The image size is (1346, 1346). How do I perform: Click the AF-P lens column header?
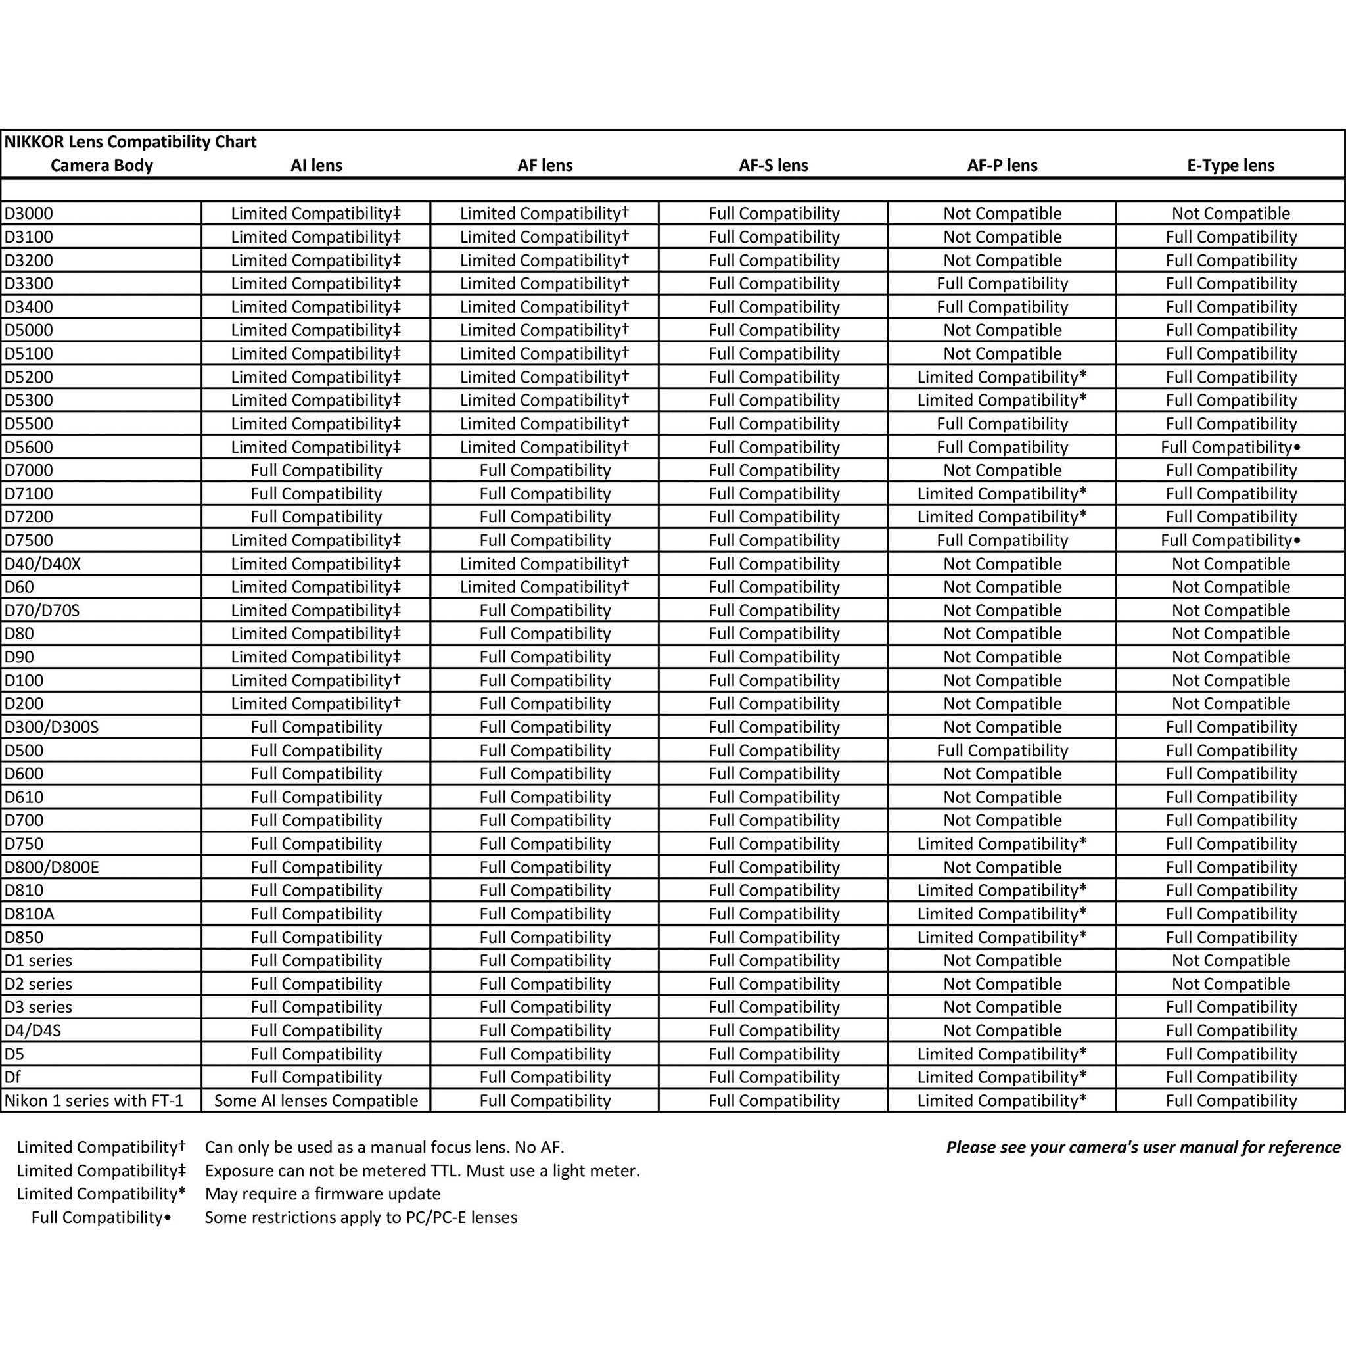point(1002,166)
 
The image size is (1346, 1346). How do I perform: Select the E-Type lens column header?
point(1230,166)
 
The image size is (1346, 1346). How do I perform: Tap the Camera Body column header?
point(102,166)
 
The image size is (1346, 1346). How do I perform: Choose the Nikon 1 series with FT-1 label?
point(94,1101)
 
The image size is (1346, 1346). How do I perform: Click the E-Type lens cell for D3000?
point(1230,213)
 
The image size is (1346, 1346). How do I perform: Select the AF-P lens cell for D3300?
point(1002,283)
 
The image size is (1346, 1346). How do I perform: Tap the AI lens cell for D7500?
point(315,540)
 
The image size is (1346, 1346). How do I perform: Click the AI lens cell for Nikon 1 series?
point(315,1101)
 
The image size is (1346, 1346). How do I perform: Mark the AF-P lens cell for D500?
point(1002,751)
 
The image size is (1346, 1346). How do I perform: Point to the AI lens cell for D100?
point(315,681)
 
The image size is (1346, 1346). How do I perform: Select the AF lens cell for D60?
point(544,587)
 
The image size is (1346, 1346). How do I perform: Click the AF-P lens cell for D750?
point(1002,844)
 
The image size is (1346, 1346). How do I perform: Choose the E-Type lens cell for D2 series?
point(1230,984)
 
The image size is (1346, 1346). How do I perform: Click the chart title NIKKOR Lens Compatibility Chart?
point(130,142)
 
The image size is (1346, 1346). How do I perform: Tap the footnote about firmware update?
point(323,1194)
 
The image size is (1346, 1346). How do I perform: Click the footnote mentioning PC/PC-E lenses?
point(361,1218)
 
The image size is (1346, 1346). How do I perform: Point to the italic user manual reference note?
point(1142,1148)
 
